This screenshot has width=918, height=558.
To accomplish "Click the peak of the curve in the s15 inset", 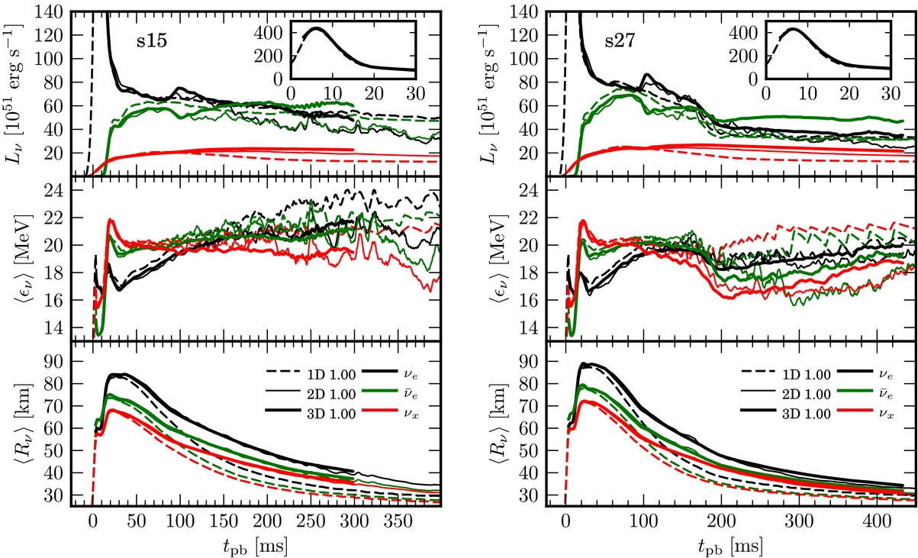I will coord(316,28).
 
